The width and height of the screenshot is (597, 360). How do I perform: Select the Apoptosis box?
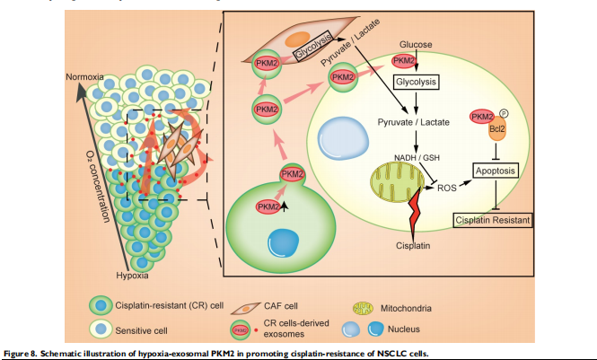point(498,169)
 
